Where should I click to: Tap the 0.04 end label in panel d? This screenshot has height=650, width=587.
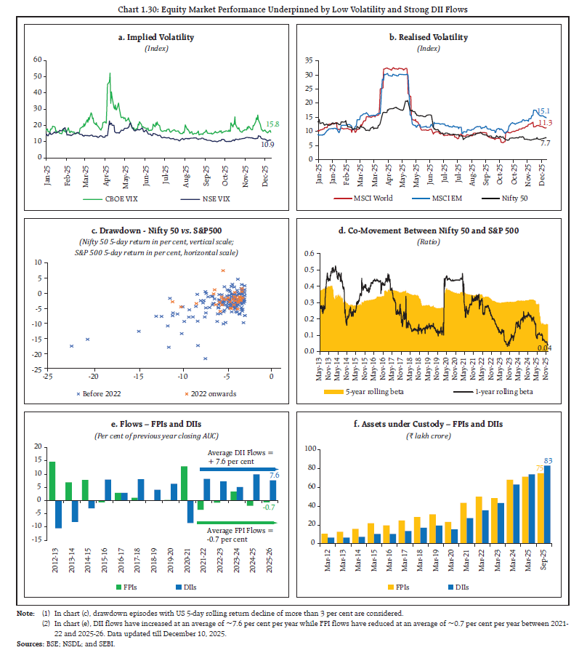point(544,348)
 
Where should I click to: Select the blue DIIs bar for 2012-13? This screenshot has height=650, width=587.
point(58,514)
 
